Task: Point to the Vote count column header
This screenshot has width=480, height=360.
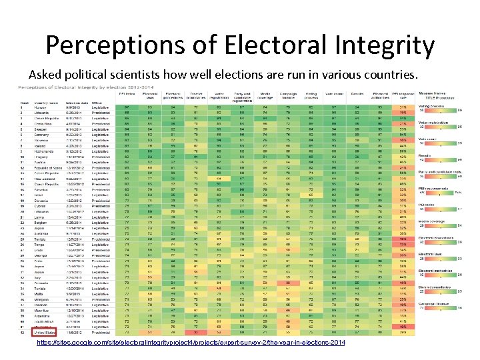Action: click(334, 95)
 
